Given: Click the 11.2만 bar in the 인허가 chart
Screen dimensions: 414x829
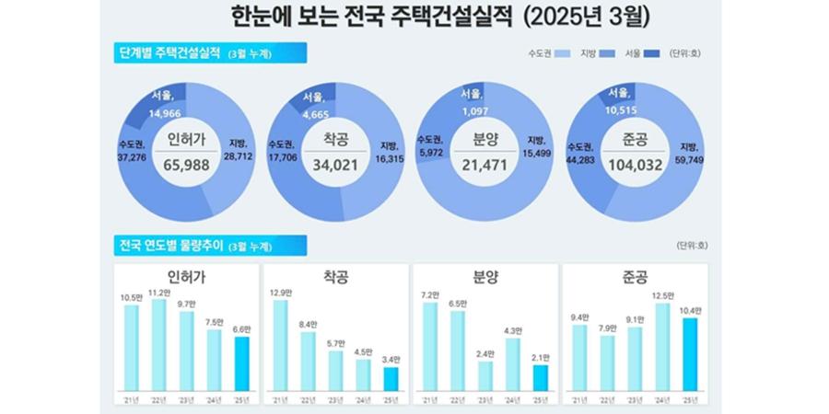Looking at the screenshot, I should pyautogui.click(x=158, y=345).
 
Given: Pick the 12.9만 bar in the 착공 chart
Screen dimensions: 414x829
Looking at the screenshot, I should pyautogui.click(x=280, y=345).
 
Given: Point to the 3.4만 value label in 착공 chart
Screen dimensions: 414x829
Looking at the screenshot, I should pyautogui.click(x=390, y=359).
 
